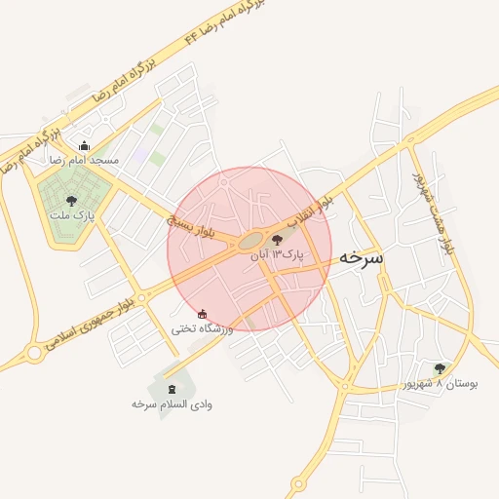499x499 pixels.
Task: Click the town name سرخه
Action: pos(362,259)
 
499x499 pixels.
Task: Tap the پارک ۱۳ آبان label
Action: pos(278,253)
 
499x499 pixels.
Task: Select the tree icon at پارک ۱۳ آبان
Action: pos(278,239)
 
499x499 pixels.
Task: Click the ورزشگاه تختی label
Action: pos(203,328)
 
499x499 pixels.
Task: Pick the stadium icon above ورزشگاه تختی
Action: pos(202,314)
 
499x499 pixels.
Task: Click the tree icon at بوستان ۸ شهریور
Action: pos(440,368)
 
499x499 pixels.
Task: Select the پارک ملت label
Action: pos(72,215)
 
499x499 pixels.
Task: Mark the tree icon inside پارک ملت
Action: pos(71,201)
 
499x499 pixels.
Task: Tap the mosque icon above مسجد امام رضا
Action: pos(83,146)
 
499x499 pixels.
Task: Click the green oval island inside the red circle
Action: pos(250,241)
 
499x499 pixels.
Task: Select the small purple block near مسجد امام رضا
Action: pos(141,155)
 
